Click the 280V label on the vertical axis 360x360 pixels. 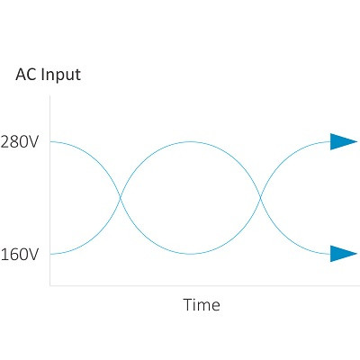pos(20,142)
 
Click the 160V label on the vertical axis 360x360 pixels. pos(20,255)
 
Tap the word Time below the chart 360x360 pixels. pos(202,305)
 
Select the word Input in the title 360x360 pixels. pos(60,75)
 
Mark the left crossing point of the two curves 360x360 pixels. pos(121,198)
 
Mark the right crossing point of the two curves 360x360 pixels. pos(260,198)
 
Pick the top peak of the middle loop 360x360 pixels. pos(190,141)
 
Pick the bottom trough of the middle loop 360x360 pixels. pos(190,254)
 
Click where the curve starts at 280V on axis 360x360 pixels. pos(50,141)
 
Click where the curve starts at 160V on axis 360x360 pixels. pos(50,254)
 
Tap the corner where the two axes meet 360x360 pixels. pos(49,285)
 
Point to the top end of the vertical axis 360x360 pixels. pos(49,96)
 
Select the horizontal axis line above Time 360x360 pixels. pos(205,285)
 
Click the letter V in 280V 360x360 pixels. pos(33,142)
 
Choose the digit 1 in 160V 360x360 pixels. pos(4,255)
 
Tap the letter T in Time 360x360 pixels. pos(188,304)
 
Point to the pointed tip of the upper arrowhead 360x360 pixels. pos(357,141)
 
